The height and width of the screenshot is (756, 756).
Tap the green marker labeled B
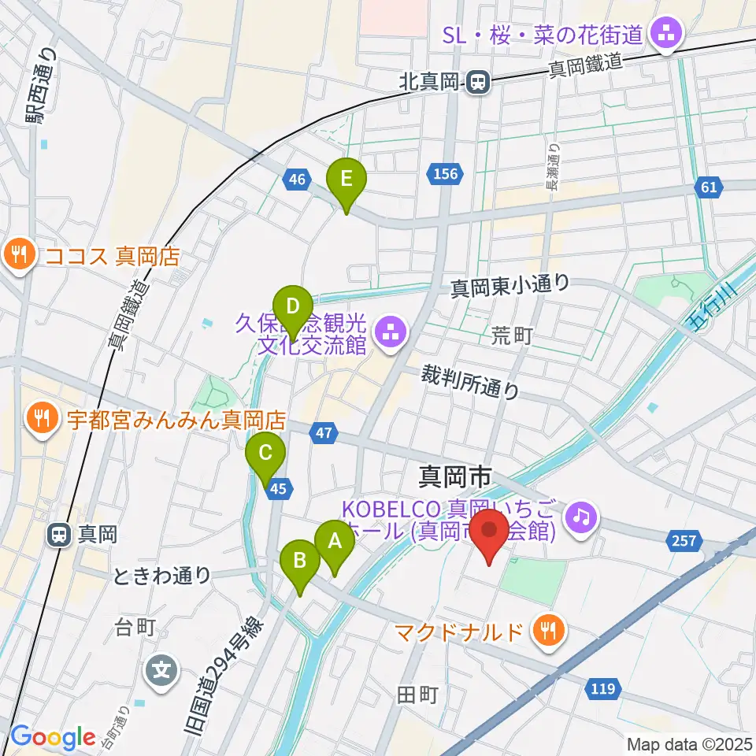tap(300, 561)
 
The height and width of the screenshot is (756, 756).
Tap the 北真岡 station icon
tap(476, 81)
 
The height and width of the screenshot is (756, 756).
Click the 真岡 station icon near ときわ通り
tap(59, 535)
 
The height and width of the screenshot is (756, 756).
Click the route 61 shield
tap(708, 187)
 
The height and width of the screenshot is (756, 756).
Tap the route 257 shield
tap(683, 540)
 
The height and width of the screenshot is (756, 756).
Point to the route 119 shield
tap(600, 689)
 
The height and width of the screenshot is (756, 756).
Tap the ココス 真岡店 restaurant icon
tap(17, 254)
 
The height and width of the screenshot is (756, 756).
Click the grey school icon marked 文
tap(161, 671)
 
